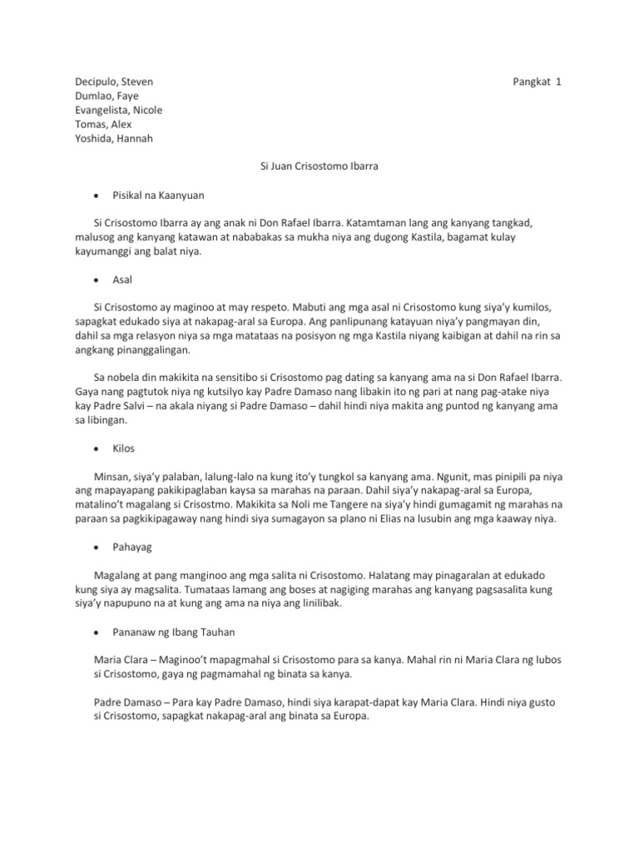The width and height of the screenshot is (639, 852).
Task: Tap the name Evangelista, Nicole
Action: [x=119, y=111]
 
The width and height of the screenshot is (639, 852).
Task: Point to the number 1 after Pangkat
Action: [x=560, y=82]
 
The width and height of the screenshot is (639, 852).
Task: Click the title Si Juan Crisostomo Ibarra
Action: [x=319, y=167]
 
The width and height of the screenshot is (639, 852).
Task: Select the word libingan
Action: [x=116, y=421]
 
